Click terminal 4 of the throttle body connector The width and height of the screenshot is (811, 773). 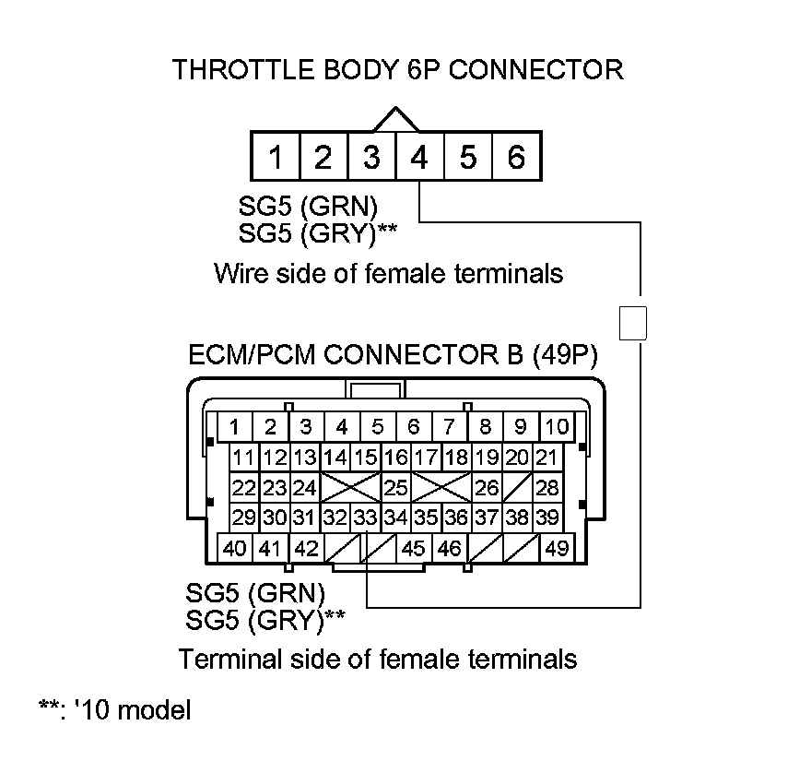(419, 158)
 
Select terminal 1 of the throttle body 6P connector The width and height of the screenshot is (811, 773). (275, 158)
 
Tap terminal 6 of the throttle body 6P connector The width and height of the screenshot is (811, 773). (516, 158)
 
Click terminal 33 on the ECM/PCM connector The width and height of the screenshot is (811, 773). (367, 517)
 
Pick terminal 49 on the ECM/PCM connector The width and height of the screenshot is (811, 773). (557, 548)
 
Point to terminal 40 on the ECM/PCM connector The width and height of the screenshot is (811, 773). (235, 548)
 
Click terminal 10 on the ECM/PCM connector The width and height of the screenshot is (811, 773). (557, 426)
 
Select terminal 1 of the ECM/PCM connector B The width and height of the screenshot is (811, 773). (235, 426)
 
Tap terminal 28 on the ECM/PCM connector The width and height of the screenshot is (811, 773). (547, 486)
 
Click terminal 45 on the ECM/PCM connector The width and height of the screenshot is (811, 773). (414, 548)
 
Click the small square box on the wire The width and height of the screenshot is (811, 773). (634, 323)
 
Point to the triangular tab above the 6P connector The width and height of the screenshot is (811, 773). (395, 120)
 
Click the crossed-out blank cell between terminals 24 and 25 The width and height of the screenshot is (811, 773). (349, 486)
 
